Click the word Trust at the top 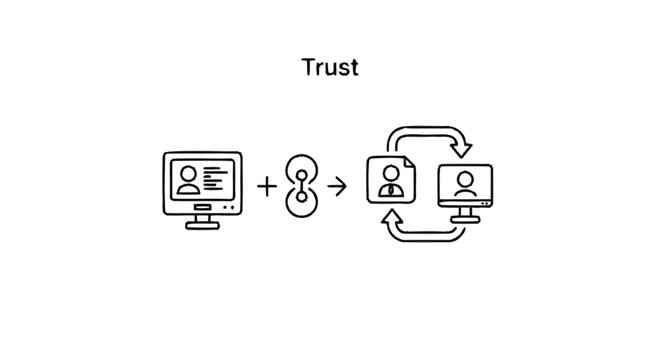tap(330, 68)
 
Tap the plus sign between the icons tap(267, 185)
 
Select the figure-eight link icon tap(301, 186)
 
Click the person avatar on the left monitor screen tap(187, 179)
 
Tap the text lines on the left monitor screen tap(214, 178)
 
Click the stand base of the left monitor tap(202, 224)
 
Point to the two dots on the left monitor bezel tap(231, 206)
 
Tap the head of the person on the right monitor tap(464, 178)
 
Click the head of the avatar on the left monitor tap(187, 173)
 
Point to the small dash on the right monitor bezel tap(485, 204)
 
